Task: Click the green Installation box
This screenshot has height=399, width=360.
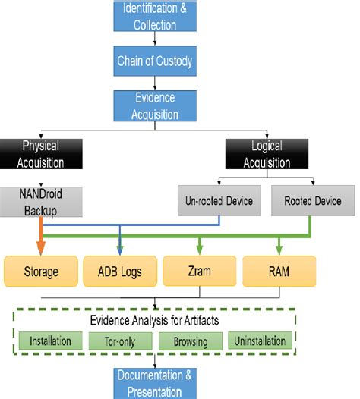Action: [51, 342]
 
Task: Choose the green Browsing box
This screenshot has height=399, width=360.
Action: [191, 342]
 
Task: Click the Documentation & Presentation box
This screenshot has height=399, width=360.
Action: [150, 384]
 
